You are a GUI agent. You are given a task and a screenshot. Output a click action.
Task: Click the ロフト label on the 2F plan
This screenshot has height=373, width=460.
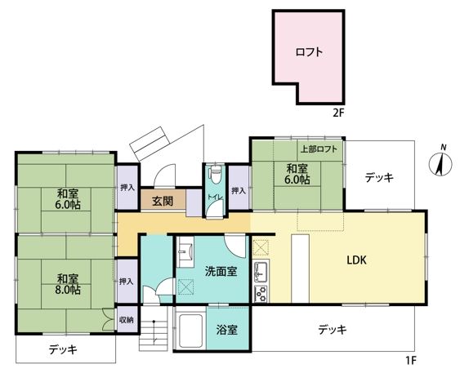click(x=309, y=52)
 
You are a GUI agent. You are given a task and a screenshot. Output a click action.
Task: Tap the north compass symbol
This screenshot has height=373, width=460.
click(x=440, y=164)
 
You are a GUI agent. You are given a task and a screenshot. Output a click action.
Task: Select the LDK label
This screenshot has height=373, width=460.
click(x=357, y=260)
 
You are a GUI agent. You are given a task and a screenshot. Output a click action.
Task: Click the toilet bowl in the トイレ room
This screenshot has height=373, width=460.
click(x=216, y=174)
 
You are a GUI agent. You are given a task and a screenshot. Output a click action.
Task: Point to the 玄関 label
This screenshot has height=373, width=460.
click(x=163, y=201)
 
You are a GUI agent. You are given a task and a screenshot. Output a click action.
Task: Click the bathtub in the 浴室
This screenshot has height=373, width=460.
click(x=190, y=331)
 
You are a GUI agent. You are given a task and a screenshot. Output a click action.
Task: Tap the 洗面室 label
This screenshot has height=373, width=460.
click(x=221, y=271)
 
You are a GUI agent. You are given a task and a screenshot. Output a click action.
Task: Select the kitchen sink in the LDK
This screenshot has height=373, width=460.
click(x=260, y=271)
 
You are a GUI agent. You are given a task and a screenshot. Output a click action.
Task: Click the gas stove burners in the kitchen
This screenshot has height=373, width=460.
click(x=261, y=294)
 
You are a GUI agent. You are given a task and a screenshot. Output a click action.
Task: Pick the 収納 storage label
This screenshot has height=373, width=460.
click(x=127, y=320)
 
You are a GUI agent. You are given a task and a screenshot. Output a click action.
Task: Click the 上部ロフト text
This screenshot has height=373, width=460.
click(x=319, y=149)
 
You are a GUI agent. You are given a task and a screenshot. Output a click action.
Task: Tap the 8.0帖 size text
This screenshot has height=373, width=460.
click(x=68, y=290)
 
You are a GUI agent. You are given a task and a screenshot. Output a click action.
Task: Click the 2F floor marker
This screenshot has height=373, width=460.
click(x=338, y=113)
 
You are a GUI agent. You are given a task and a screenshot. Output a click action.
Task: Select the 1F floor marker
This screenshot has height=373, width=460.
click(x=411, y=360)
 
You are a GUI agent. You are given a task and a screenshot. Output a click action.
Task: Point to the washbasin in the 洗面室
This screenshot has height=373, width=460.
click(x=185, y=251)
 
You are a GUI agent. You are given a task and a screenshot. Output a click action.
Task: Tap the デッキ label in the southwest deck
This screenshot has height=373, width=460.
click(x=63, y=349)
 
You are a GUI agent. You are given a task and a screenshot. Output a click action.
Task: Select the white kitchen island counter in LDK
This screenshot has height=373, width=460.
click(x=300, y=268)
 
